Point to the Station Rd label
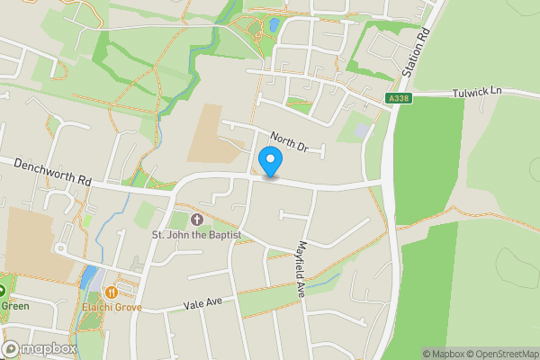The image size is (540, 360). pyautogui.click(x=411, y=55)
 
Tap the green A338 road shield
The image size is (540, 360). pyautogui.click(x=400, y=98)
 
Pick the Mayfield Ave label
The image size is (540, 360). pyautogui.click(x=305, y=267)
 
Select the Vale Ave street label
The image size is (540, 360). pyautogui.click(x=202, y=306)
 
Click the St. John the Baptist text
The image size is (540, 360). pyautogui.click(x=196, y=235)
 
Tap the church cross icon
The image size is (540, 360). pyautogui.click(x=197, y=220)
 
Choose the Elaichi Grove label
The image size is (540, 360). pyautogui.click(x=111, y=306)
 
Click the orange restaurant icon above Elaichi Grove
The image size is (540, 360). pyautogui.click(x=111, y=292)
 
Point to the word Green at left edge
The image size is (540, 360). pyautogui.click(x=14, y=306)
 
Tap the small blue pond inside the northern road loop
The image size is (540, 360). pyautogui.click(x=272, y=26)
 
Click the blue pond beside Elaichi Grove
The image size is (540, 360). pyautogui.click(x=88, y=277)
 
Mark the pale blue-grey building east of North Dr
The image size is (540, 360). pyautogui.click(x=362, y=130)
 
